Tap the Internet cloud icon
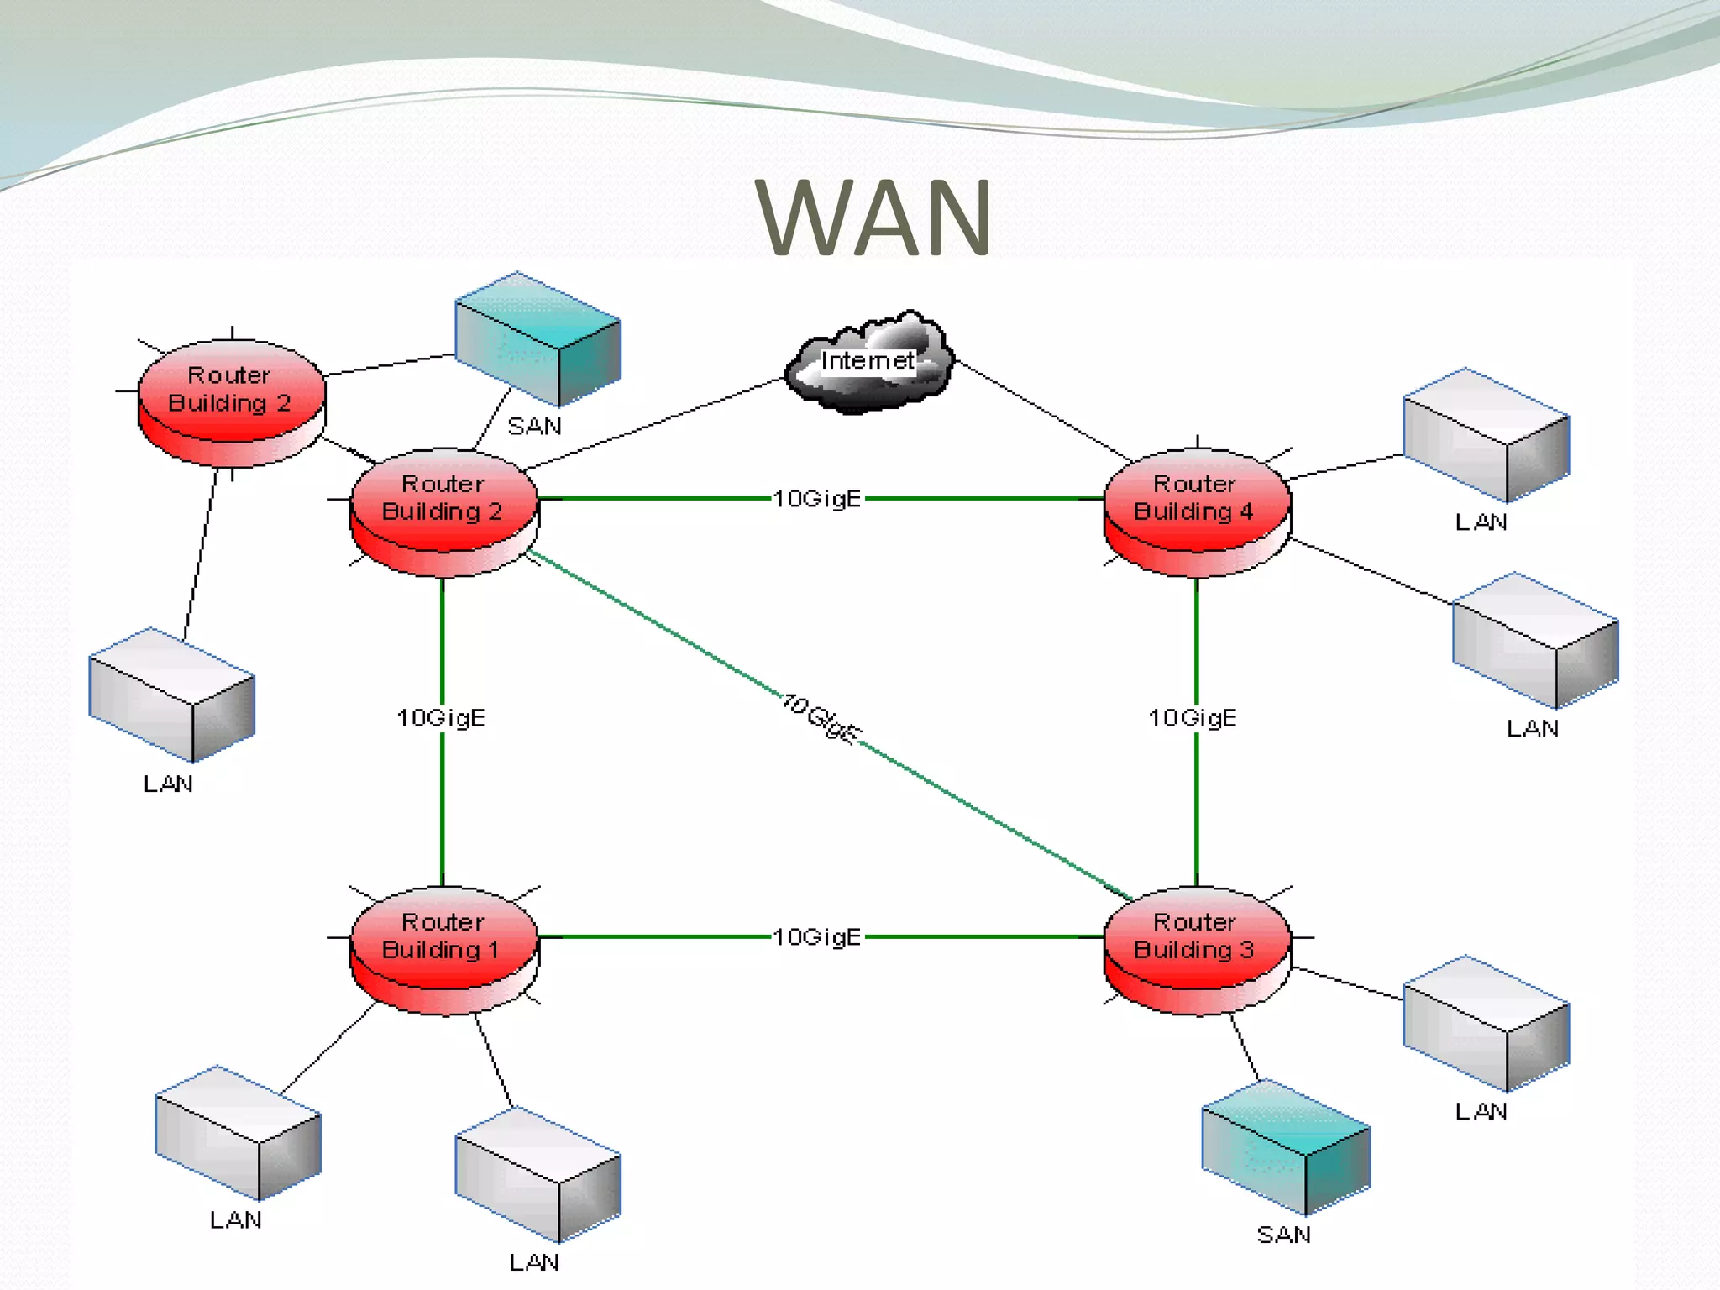point(868,363)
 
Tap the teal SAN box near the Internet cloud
point(537,340)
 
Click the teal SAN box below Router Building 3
point(1285,1147)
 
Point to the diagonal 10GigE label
point(821,719)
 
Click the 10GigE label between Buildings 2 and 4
point(817,499)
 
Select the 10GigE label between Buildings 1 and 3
point(817,936)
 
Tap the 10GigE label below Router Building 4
point(1193,718)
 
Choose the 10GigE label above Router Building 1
point(441,718)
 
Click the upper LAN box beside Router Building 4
point(1485,435)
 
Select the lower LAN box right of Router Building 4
point(1534,640)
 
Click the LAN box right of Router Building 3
point(1485,1023)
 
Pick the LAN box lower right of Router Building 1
point(537,1174)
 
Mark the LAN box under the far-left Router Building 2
point(171,694)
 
